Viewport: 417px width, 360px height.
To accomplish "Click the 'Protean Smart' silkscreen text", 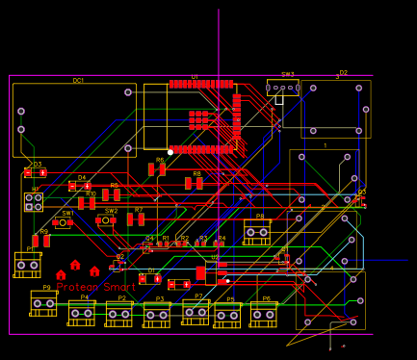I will [x=96, y=287].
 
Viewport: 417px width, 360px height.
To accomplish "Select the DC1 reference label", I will [x=78, y=81].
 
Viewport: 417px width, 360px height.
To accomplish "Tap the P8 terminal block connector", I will [x=256, y=232].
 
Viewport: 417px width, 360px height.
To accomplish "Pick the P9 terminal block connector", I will [x=43, y=303].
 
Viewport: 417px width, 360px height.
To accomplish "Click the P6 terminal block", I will [x=263, y=314].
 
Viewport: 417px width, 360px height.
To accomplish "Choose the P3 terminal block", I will [x=157, y=315].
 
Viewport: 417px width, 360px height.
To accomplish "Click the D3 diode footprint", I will [x=35, y=173].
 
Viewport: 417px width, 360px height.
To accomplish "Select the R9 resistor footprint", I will [x=40, y=241].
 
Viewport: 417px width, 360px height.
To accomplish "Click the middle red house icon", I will [x=76, y=274].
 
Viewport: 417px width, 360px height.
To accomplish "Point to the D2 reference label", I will [x=343, y=73].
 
